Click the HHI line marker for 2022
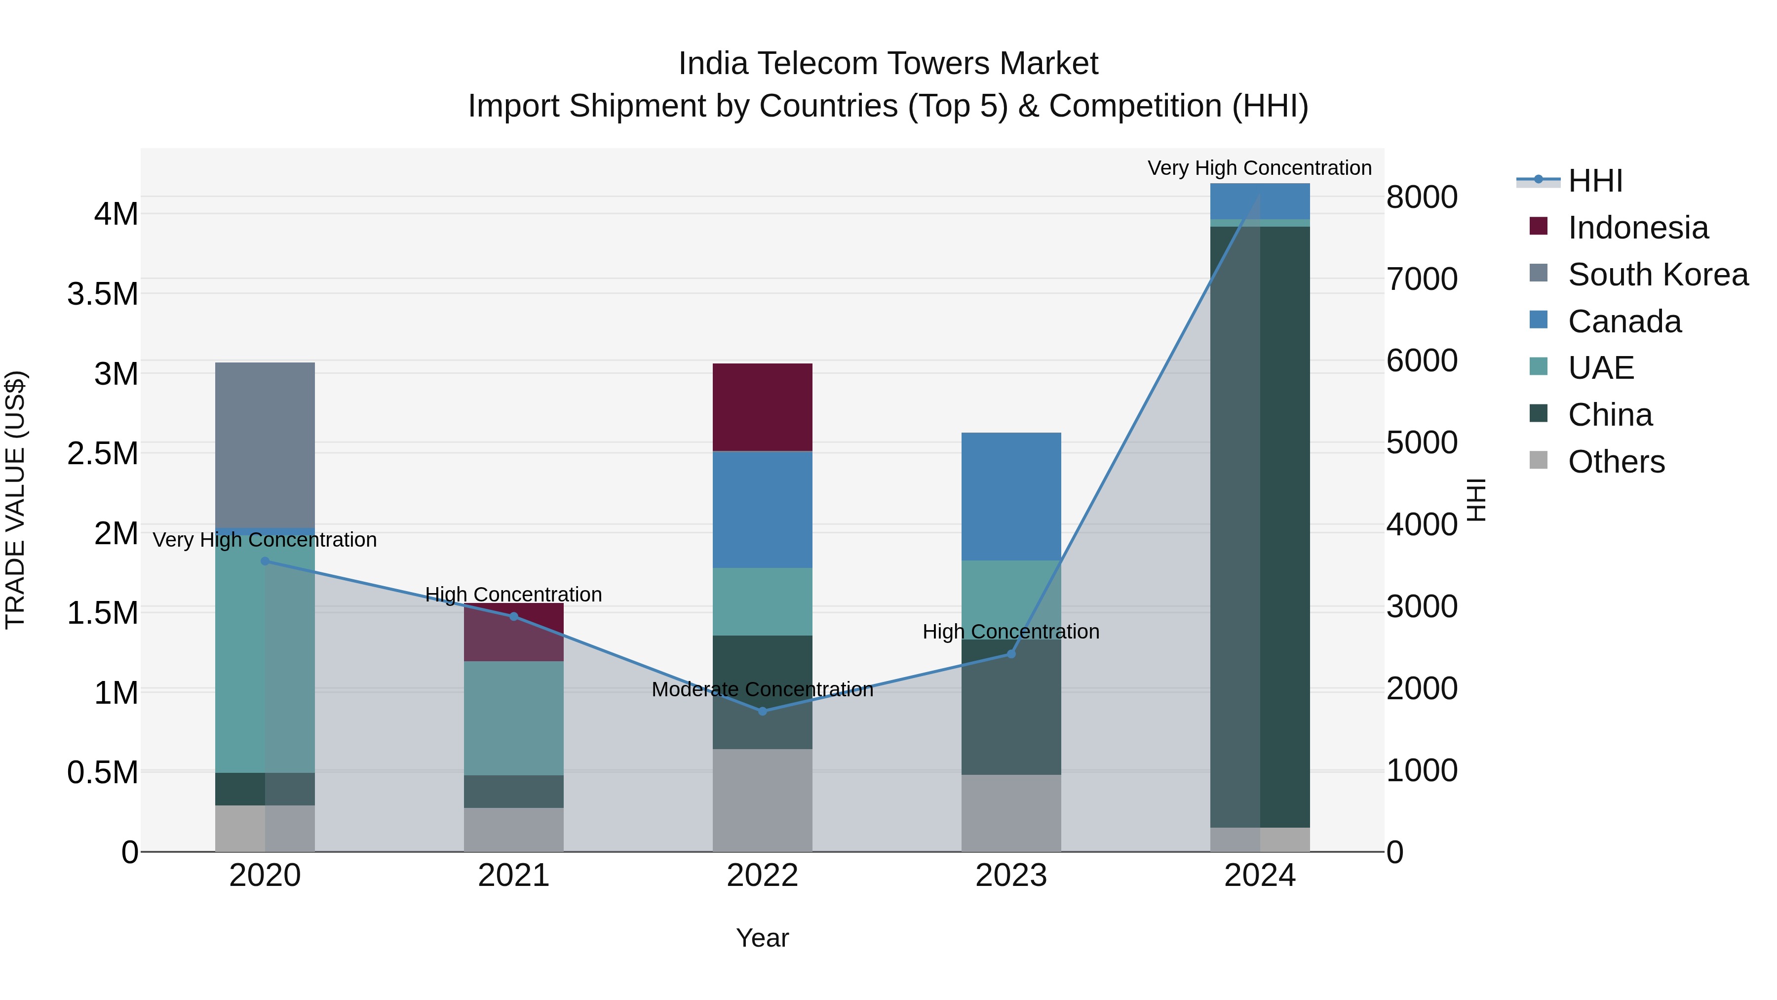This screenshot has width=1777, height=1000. click(x=762, y=711)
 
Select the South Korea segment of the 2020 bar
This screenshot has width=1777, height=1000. click(x=265, y=445)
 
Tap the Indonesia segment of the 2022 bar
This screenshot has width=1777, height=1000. click(x=762, y=407)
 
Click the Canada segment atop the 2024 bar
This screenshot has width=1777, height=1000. click(x=1260, y=201)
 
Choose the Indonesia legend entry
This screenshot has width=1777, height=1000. click(x=1638, y=228)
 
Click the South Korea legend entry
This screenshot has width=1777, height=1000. click(x=1658, y=275)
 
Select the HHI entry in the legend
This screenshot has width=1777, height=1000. click(x=1595, y=181)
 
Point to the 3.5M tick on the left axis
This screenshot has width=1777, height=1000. click(x=103, y=294)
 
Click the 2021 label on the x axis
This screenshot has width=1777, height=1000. click(x=513, y=876)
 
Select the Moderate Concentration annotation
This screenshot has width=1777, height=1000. click(x=762, y=689)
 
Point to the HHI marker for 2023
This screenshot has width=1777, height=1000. click(x=1011, y=653)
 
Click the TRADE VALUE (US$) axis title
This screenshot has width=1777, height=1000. click(x=15, y=500)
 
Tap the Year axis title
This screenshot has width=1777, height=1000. click(x=762, y=938)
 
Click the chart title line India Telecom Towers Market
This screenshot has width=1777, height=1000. click(x=888, y=64)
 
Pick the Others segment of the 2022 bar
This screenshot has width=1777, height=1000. click(x=762, y=800)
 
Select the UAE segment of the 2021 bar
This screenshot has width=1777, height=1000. click(x=513, y=718)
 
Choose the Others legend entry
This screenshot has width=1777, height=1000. click(x=1616, y=462)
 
